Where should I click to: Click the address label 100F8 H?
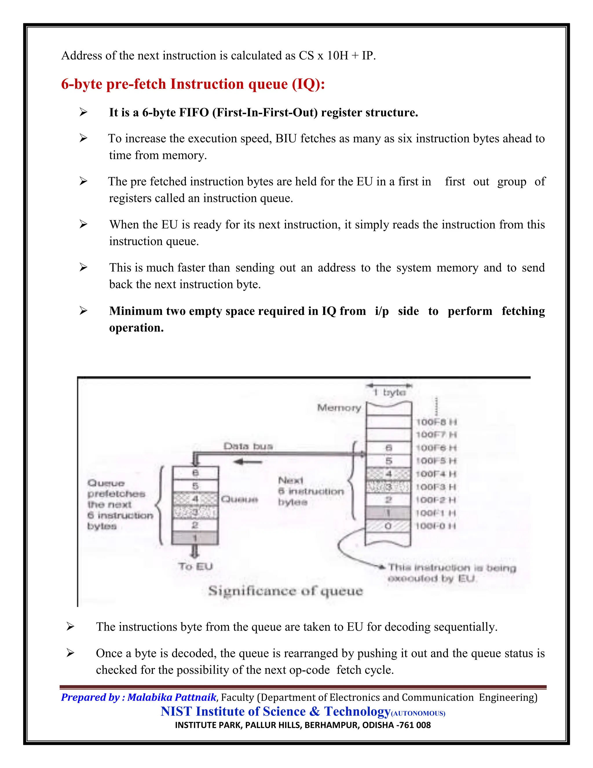436,422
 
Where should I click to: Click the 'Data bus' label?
248,446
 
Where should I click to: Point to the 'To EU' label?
195,567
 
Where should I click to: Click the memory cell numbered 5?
389,461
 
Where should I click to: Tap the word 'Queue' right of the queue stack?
239,499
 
